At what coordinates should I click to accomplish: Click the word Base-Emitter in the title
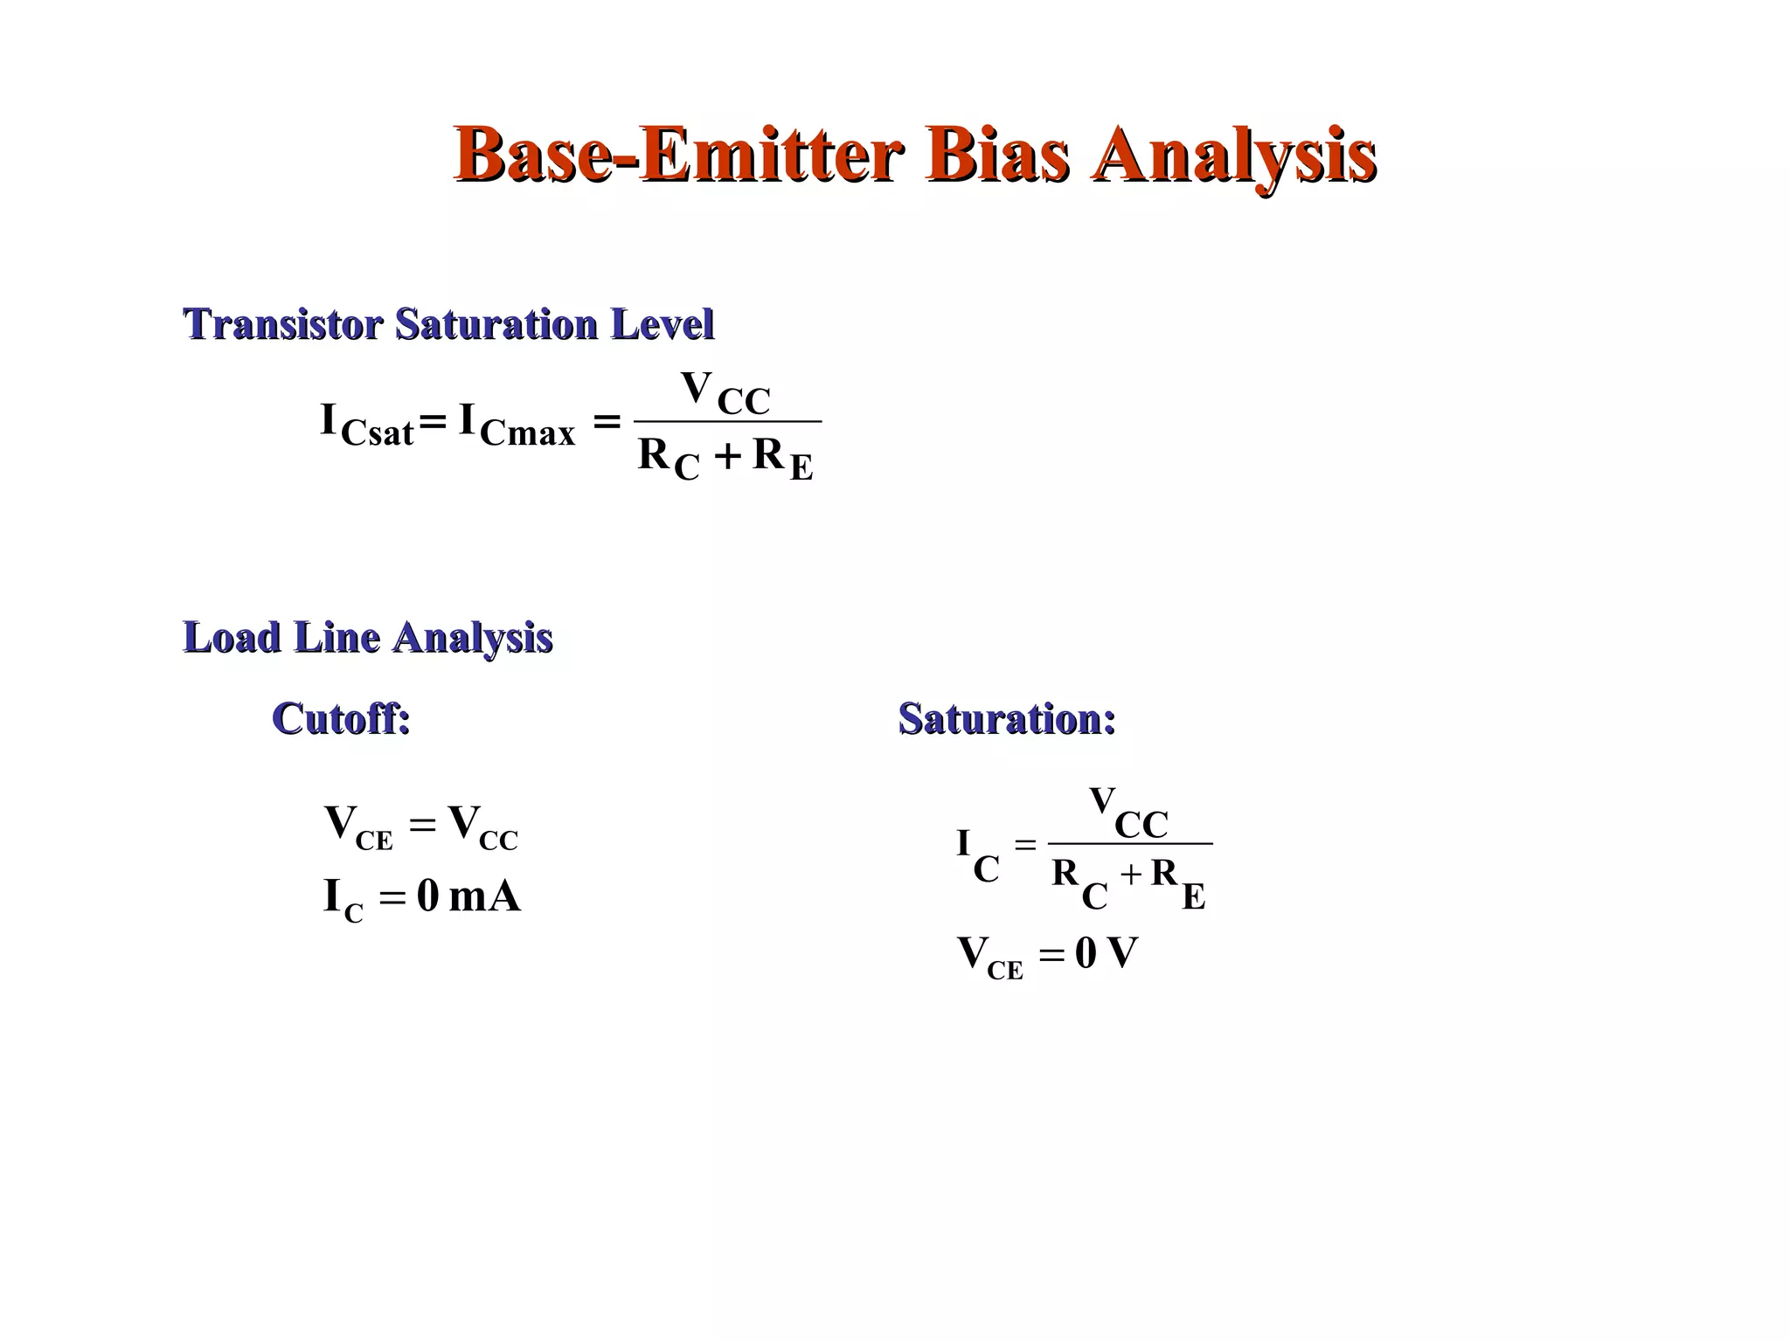click(677, 156)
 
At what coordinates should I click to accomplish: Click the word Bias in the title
click(997, 156)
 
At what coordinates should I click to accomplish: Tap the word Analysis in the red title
click(1233, 156)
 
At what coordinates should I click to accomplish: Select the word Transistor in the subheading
click(283, 324)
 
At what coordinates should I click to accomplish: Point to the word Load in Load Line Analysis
click(232, 637)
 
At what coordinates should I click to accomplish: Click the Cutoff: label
click(341, 719)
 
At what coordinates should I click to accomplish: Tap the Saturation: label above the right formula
click(1007, 719)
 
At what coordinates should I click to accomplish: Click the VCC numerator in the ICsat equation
click(725, 392)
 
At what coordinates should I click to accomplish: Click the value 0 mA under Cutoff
click(468, 896)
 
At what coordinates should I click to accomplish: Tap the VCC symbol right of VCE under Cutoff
click(482, 827)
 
